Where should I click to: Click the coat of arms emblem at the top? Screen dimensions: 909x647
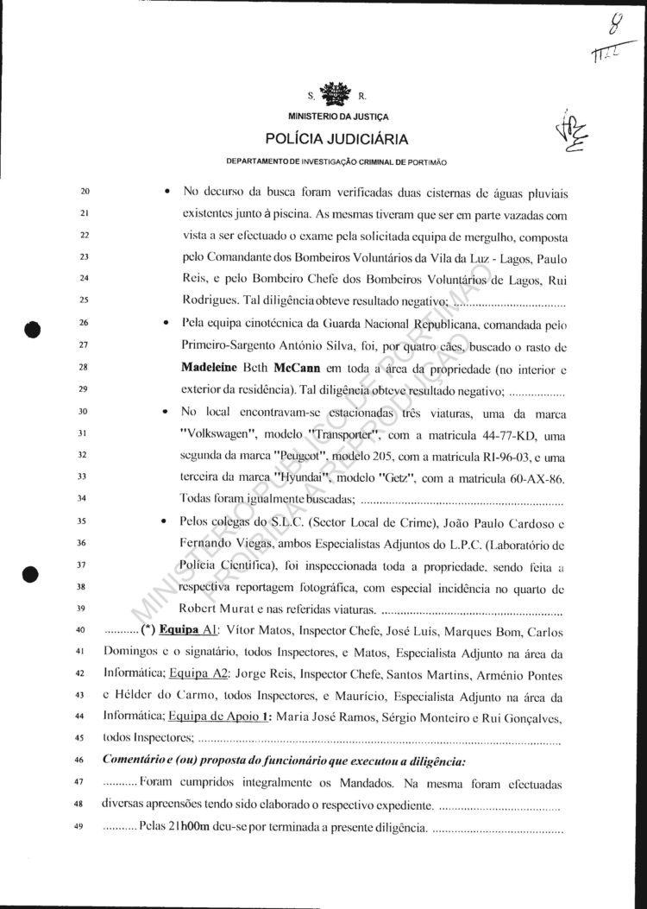(x=336, y=92)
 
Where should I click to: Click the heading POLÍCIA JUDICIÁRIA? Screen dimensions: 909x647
(x=336, y=138)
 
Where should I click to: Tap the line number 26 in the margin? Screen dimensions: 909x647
(x=83, y=324)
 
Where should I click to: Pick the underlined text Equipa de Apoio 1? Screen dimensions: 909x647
(x=221, y=716)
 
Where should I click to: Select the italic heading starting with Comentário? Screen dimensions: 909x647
(x=283, y=761)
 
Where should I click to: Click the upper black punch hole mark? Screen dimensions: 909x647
(x=34, y=328)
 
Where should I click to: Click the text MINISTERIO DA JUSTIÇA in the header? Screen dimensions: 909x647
(x=336, y=115)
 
